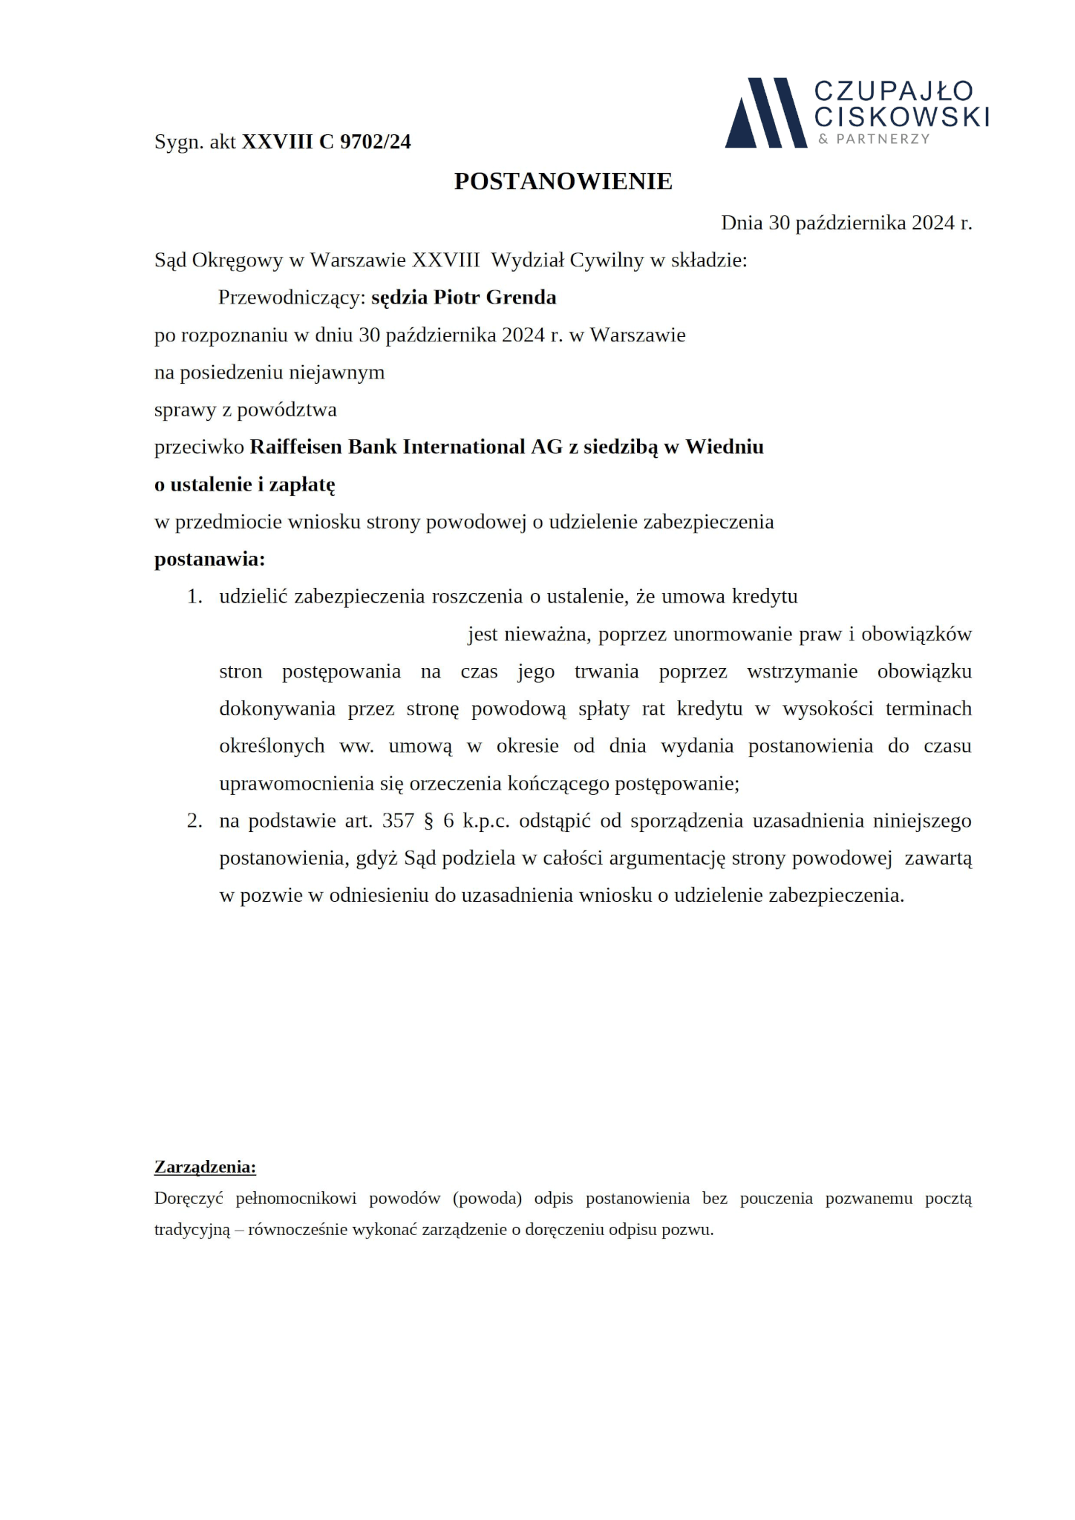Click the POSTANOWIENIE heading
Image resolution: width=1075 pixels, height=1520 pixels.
563,182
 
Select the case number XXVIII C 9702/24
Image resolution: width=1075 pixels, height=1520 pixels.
326,142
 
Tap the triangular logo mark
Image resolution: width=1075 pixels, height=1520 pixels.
765,113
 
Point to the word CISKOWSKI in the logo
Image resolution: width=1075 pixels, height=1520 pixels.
901,117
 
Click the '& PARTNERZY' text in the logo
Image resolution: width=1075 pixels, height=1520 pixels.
874,140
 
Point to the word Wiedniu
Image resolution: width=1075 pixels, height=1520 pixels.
724,447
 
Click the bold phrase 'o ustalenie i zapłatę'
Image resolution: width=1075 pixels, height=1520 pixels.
245,485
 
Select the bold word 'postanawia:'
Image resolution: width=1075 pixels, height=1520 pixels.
209,559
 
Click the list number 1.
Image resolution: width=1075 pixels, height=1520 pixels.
195,597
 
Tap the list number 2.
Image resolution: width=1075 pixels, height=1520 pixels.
195,821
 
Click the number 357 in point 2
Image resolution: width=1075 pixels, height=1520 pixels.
398,821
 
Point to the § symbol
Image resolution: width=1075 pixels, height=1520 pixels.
428,821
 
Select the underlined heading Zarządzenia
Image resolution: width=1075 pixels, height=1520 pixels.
205,1167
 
